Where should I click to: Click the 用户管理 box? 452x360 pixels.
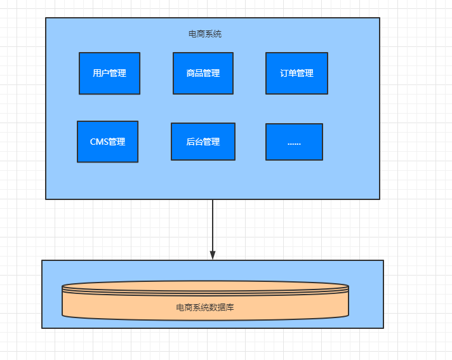point(110,73)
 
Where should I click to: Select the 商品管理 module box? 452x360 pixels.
point(203,73)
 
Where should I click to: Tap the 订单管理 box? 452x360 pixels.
point(296,73)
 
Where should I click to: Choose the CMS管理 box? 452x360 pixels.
point(107,142)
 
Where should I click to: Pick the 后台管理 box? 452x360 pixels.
point(203,142)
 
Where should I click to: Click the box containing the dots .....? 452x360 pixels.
point(294,142)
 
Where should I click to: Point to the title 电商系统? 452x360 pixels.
point(205,34)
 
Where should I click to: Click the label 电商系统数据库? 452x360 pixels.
point(205,307)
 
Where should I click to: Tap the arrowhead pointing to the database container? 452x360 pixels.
point(213,255)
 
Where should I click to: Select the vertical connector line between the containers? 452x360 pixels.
point(213,225)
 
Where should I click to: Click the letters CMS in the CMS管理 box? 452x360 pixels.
point(99,142)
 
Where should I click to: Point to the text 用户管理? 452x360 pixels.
point(110,73)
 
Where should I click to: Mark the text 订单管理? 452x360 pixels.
point(296,73)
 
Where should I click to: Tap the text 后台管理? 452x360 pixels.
point(203,142)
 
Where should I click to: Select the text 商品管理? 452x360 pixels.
point(203,73)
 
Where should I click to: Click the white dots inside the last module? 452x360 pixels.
point(294,144)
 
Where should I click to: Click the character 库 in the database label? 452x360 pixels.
point(230,307)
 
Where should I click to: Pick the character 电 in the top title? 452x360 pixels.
point(192,34)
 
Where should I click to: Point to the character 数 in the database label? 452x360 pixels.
point(213,307)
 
